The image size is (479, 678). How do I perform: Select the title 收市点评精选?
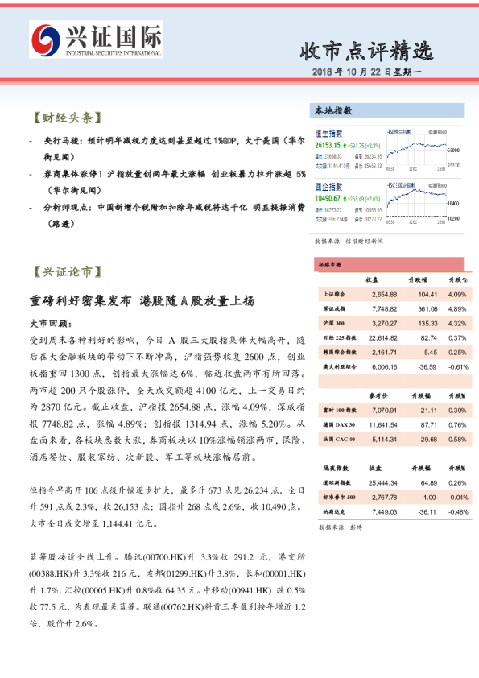(x=365, y=52)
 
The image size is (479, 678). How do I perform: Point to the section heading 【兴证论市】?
(x=67, y=271)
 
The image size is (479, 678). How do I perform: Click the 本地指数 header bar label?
(x=333, y=110)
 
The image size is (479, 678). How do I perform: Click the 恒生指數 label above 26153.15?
(x=328, y=133)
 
